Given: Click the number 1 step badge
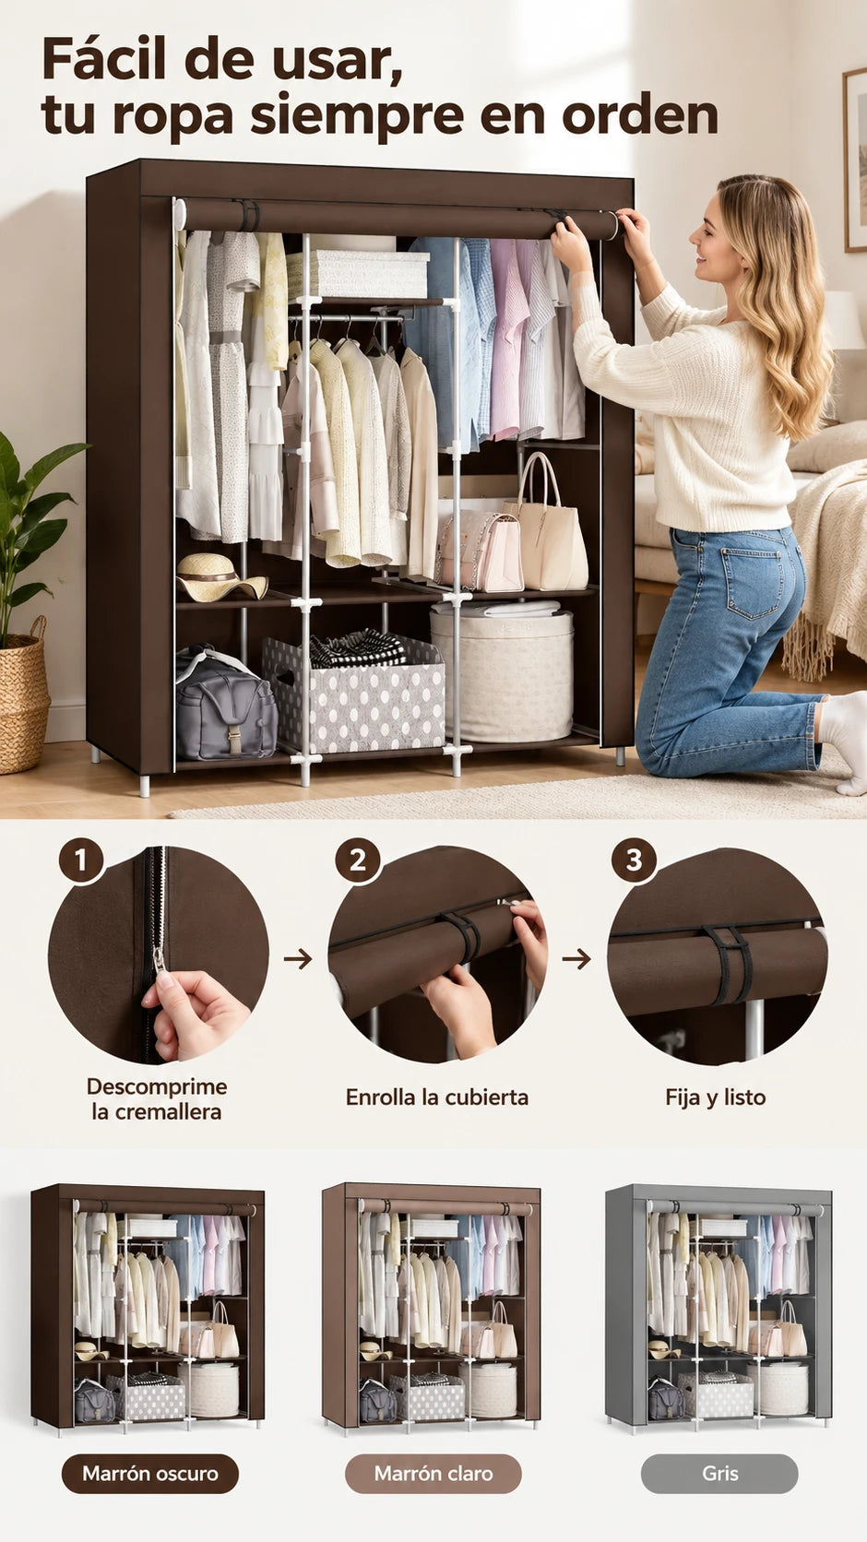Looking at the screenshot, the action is click(x=81, y=860).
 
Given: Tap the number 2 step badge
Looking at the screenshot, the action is click(x=358, y=860).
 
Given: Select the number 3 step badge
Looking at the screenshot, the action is click(x=635, y=860).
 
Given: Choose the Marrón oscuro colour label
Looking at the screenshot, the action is click(x=150, y=1473).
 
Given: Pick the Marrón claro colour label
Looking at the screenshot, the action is click(x=433, y=1473).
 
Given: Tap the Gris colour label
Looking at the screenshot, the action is click(x=719, y=1473).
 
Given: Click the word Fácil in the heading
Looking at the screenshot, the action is click(x=104, y=61).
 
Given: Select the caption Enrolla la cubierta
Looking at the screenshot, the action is click(x=436, y=1097).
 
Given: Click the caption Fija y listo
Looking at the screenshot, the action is click(x=716, y=1097).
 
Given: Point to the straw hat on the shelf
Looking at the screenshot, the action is click(x=220, y=577).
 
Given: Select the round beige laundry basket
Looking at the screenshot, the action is click(x=502, y=672).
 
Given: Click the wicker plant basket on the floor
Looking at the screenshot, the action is click(x=24, y=699).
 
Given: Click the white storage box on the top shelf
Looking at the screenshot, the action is click(x=358, y=273).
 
